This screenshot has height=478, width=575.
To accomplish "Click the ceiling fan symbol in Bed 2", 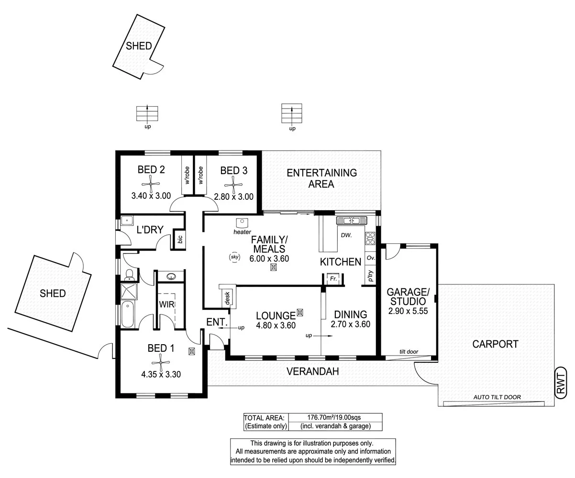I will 151,182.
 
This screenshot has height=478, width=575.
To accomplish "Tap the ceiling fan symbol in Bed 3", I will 233,182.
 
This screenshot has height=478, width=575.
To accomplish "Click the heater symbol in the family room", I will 243,223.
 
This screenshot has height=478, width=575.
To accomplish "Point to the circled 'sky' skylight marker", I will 234,257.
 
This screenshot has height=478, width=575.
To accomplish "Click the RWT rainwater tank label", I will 561,381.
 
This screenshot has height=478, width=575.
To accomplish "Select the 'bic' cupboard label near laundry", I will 180,239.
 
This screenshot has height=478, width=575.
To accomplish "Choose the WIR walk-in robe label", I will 166,304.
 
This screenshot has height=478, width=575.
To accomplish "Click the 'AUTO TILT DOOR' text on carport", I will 497,397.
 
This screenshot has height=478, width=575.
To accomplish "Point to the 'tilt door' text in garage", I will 409,352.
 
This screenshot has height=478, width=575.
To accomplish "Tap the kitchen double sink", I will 351,220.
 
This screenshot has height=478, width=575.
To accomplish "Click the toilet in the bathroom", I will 128,274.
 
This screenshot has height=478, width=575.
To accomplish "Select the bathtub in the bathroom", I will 127,314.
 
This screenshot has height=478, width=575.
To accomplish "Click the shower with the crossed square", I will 128,291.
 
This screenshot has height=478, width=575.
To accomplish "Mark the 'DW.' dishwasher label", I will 346,235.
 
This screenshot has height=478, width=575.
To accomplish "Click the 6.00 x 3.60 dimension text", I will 269,259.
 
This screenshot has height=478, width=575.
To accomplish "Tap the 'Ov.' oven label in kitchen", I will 370,258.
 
